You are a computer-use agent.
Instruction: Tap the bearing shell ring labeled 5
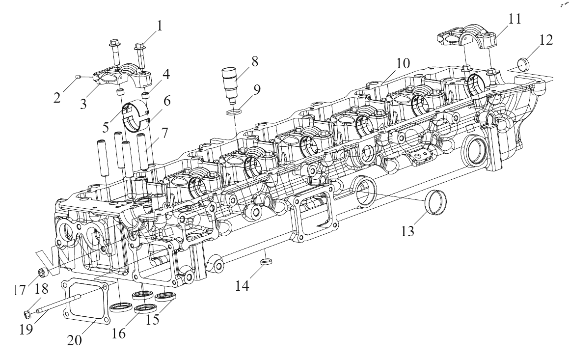[133, 114]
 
